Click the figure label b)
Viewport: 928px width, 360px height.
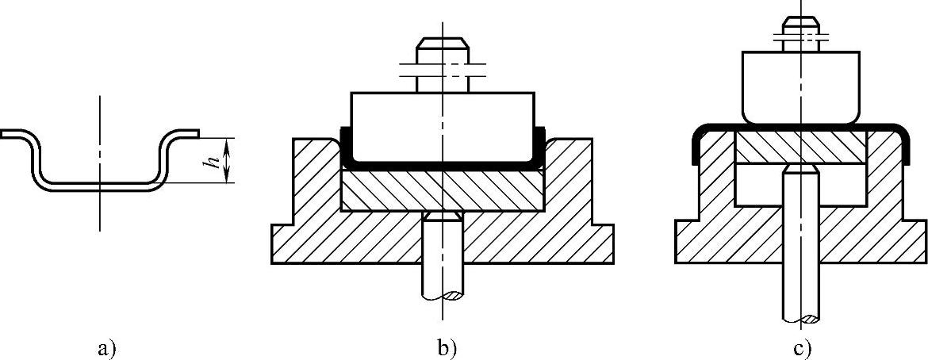(x=446, y=347)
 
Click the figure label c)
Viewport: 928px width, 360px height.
(x=800, y=347)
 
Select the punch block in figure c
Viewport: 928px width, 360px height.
(x=800, y=87)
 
